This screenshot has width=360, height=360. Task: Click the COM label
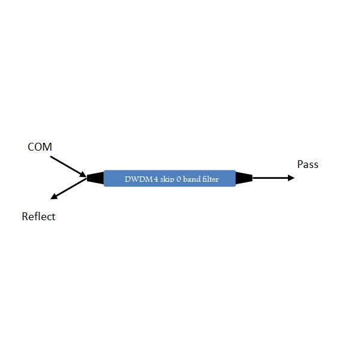point(40,147)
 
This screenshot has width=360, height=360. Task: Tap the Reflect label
point(38,217)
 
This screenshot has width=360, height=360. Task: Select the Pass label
point(308,164)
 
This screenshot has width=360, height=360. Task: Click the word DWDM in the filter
point(139,179)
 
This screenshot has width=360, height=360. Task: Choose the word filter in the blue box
point(210,179)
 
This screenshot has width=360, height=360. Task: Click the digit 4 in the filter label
point(156,179)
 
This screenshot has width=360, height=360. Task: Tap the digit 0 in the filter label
point(178,179)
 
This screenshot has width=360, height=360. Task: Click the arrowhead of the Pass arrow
point(291,178)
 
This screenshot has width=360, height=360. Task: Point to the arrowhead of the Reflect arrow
point(54,196)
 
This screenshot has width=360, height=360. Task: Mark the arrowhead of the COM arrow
point(83,174)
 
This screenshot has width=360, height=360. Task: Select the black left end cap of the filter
point(95,178)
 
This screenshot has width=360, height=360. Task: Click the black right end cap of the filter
point(244,178)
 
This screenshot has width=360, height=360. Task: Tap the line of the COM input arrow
point(68,167)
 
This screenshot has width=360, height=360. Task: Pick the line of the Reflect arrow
point(68,189)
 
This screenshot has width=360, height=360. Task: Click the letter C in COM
point(31,147)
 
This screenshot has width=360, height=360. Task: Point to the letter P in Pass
point(300,164)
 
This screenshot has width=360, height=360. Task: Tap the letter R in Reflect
point(25,217)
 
